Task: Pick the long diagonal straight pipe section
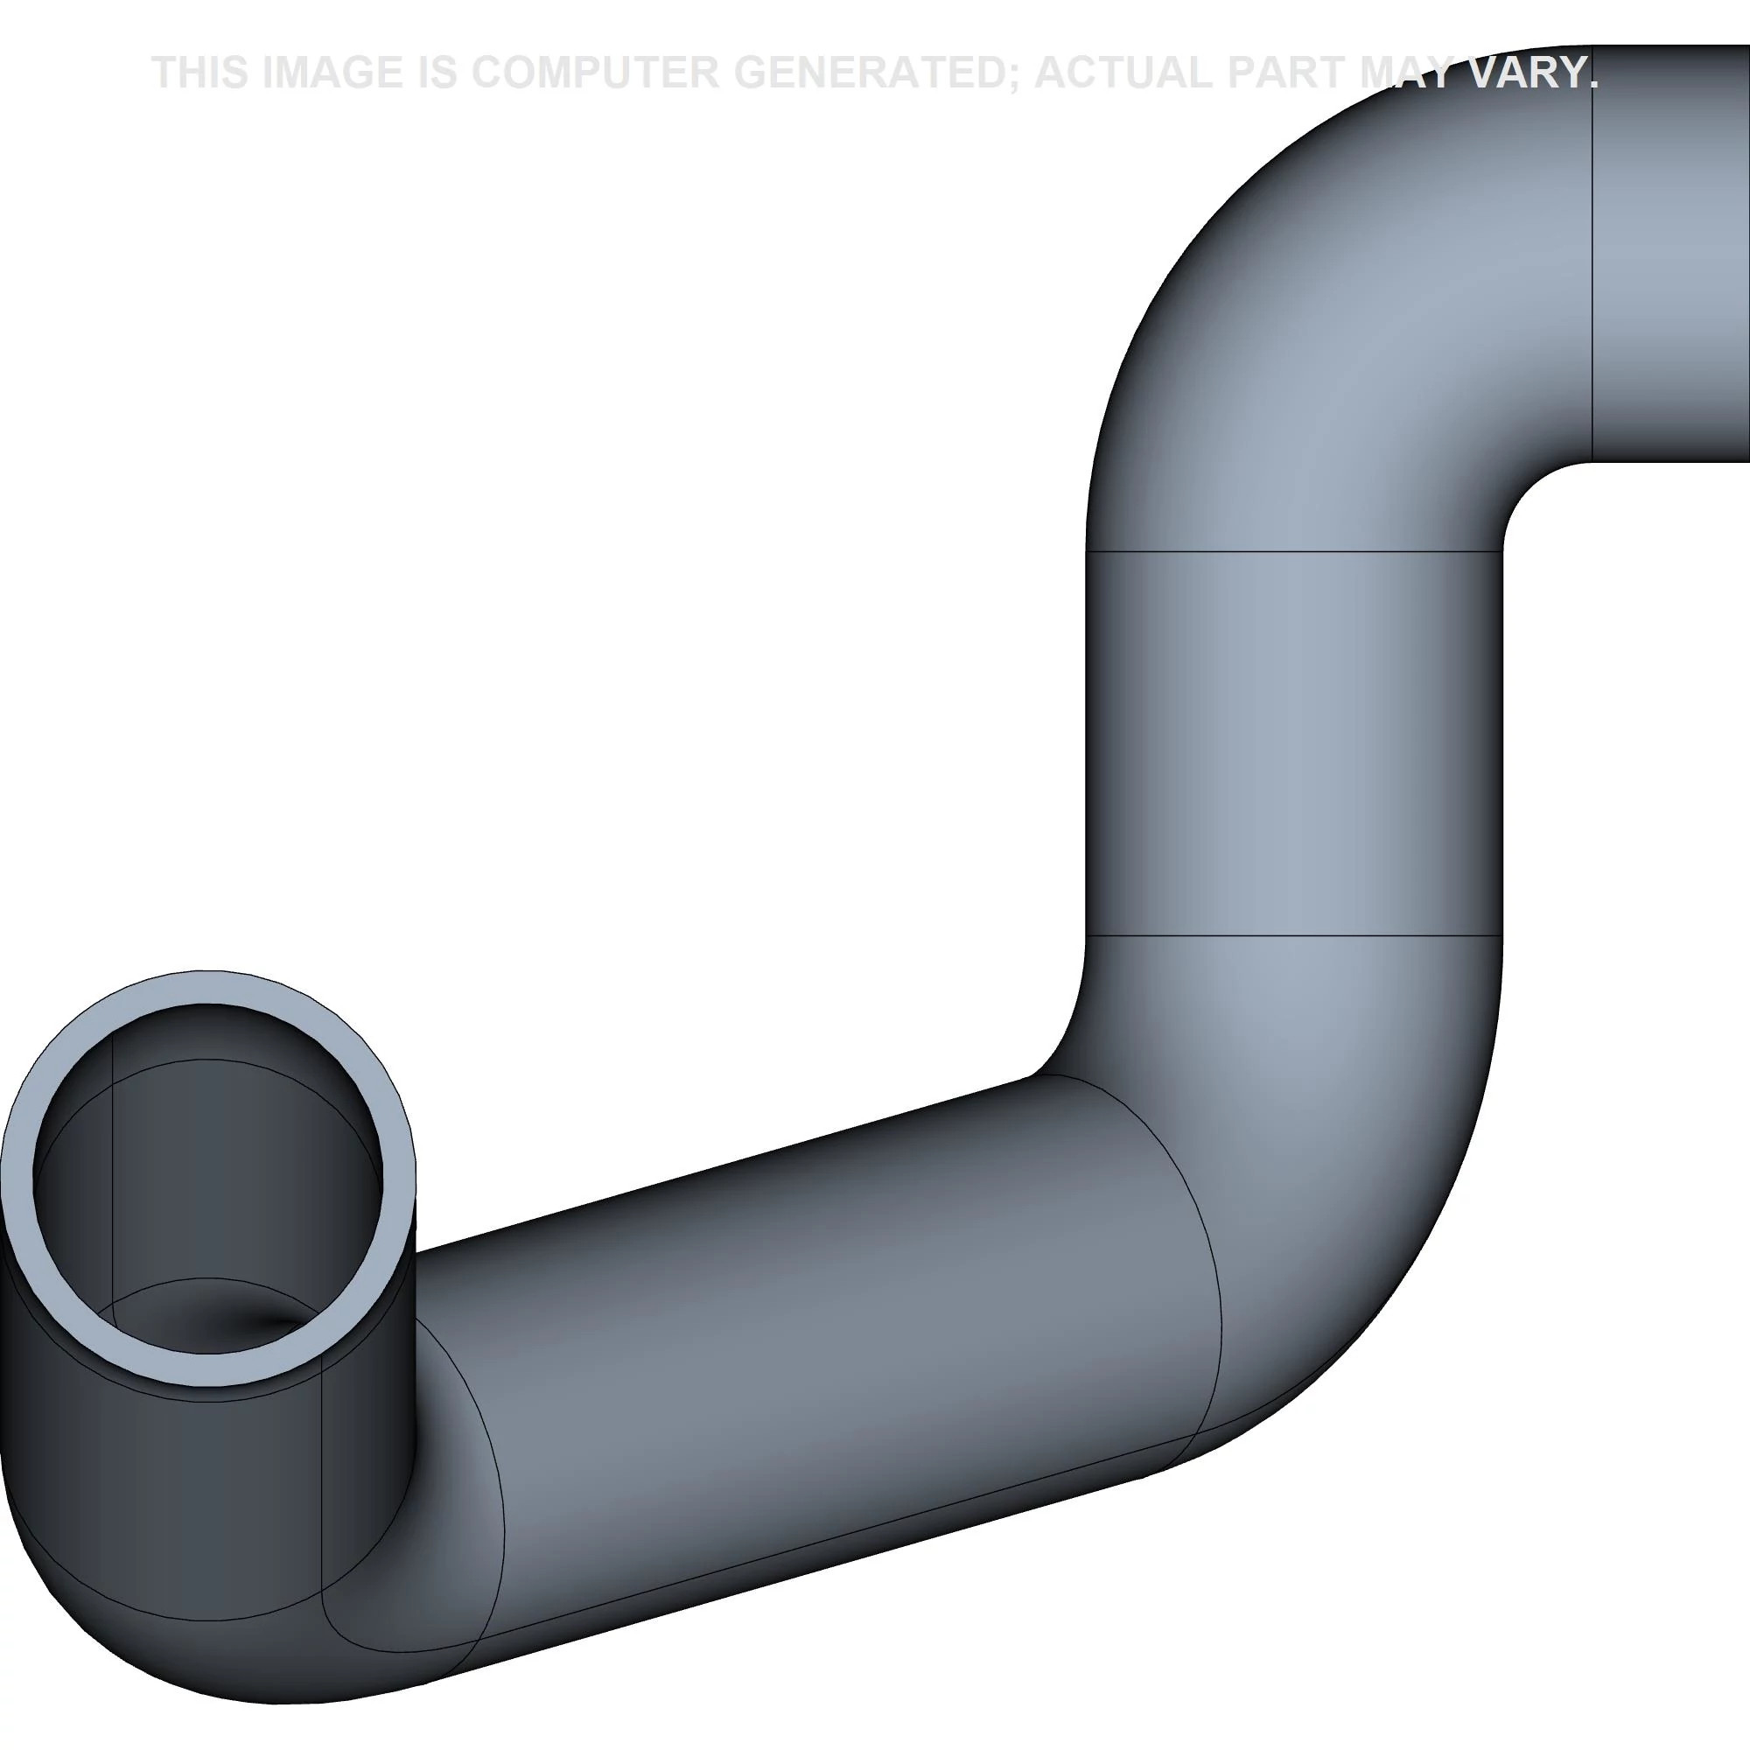815,1313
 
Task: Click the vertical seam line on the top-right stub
1592,272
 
